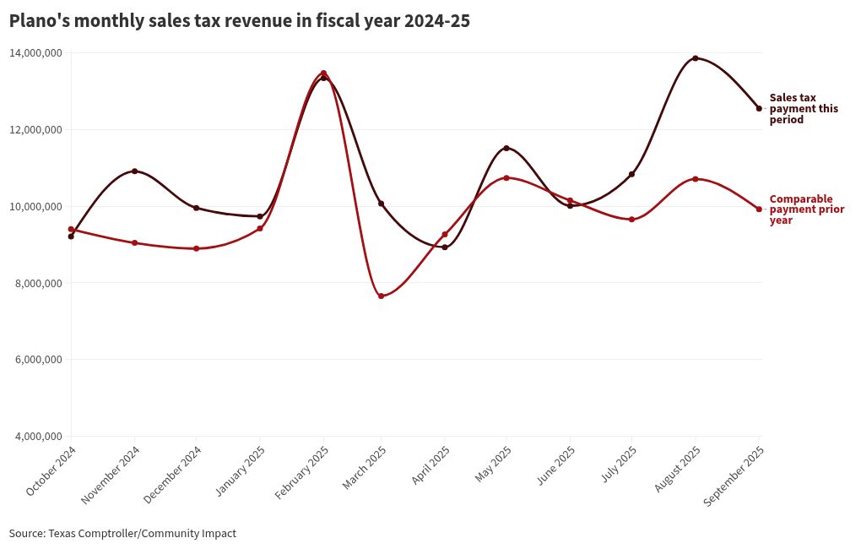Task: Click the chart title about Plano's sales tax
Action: (239, 22)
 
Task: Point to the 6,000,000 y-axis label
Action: (37, 360)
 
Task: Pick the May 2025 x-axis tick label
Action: (495, 465)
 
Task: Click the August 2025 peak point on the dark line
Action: (696, 58)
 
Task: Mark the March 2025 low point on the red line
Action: (382, 296)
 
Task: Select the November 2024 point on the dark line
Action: (134, 171)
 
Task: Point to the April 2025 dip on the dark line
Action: (445, 247)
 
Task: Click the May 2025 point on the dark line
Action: (506, 149)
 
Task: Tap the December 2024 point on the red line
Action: (197, 248)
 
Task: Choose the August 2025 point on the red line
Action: (696, 179)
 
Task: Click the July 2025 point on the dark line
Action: (631, 174)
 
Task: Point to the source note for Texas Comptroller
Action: (122, 534)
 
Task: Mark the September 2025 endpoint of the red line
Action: (759, 209)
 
